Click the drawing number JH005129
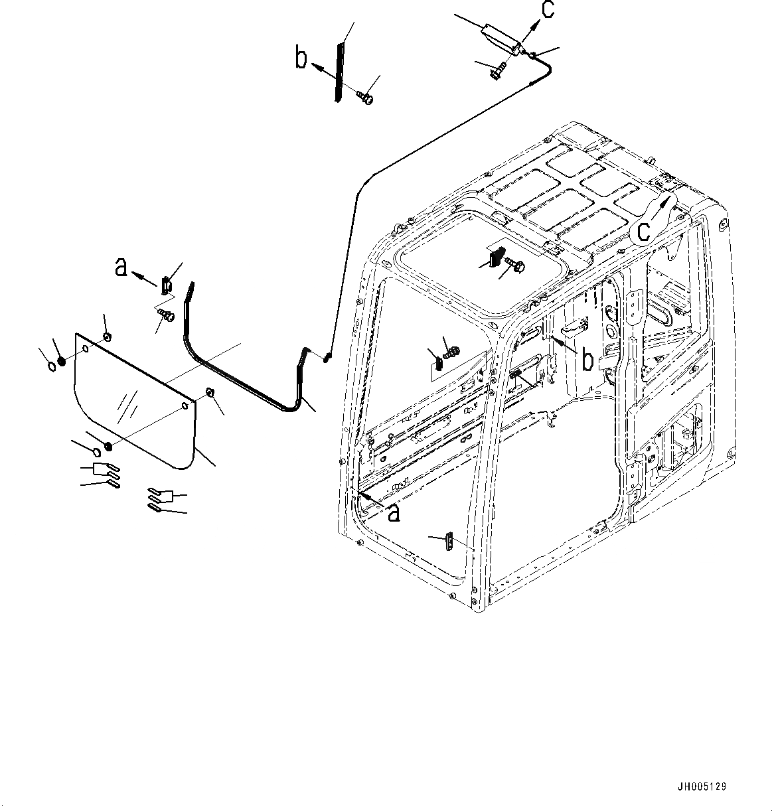(x=702, y=786)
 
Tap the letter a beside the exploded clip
(x=120, y=267)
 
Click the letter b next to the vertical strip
(x=302, y=58)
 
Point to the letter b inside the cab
(x=587, y=360)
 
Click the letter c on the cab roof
(x=643, y=231)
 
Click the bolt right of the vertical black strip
(x=364, y=98)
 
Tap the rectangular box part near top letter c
(x=503, y=39)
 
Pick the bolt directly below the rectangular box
(x=499, y=70)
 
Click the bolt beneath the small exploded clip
(x=166, y=315)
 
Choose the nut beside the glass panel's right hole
(x=209, y=394)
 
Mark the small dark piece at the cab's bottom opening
(x=449, y=541)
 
